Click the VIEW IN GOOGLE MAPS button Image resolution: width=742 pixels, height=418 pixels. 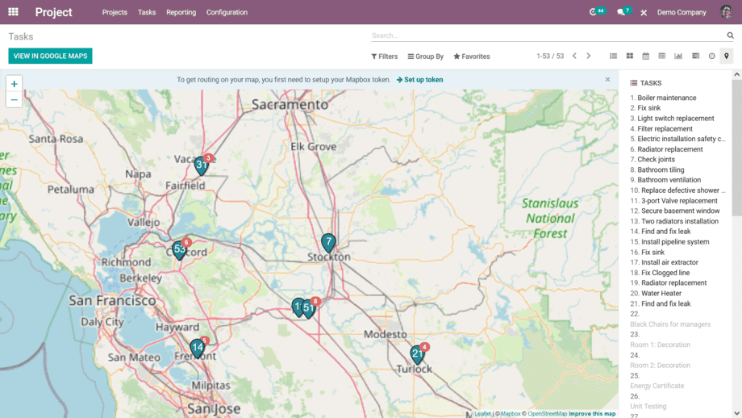pyautogui.click(x=50, y=56)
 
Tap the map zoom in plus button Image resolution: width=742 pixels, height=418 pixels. pyautogui.click(x=14, y=84)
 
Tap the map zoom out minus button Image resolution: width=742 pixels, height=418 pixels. pyautogui.click(x=14, y=99)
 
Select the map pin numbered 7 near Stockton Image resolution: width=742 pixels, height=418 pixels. pyautogui.click(x=328, y=241)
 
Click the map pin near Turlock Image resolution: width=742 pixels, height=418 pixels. pyautogui.click(x=417, y=354)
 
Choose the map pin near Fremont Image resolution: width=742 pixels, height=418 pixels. pyautogui.click(x=197, y=348)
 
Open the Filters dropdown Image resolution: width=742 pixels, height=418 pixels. pyautogui.click(x=385, y=56)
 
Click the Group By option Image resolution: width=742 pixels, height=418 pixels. pyautogui.click(x=426, y=56)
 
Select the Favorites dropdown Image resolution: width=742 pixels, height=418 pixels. pyautogui.click(x=472, y=56)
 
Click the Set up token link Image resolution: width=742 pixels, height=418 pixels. pyautogui.click(x=419, y=80)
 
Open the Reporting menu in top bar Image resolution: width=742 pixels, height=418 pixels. pyautogui.click(x=181, y=12)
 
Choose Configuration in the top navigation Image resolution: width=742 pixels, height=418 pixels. pyautogui.click(x=227, y=12)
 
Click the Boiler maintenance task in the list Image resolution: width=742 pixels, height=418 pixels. pyautogui.click(x=666, y=98)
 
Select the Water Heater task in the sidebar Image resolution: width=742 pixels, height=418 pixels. pyautogui.click(x=661, y=294)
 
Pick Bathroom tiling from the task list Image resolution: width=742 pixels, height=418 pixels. pyautogui.click(x=661, y=170)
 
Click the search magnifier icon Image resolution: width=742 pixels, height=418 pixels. pyautogui.click(x=730, y=36)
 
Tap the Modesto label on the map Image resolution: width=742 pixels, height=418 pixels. pyautogui.click(x=386, y=334)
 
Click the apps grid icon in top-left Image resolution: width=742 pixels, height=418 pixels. pyautogui.click(x=13, y=12)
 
